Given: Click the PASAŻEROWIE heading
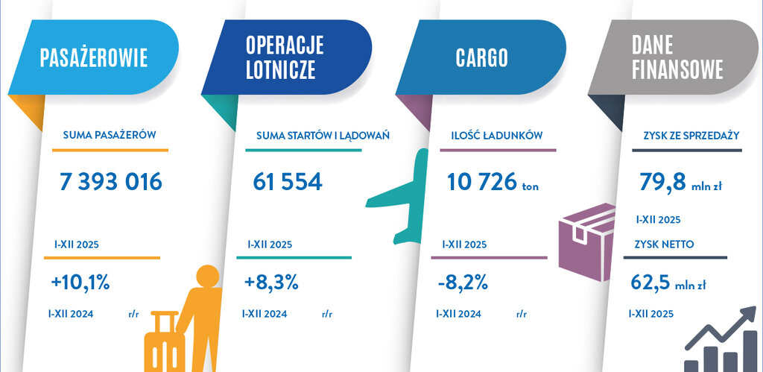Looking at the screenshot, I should (93, 57).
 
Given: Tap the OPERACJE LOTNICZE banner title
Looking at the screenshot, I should (284, 57).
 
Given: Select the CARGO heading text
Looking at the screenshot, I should (481, 57).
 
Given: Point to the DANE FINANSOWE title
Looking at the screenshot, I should (677, 57).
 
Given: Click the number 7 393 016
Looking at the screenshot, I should (110, 181).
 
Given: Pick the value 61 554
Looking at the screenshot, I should (288, 181).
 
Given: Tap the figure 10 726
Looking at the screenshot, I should (478, 181).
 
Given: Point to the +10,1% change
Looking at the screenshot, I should (80, 283).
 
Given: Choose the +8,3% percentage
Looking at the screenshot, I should (271, 283).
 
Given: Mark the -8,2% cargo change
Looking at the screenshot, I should (463, 283).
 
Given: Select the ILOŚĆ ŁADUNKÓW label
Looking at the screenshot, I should (496, 136).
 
